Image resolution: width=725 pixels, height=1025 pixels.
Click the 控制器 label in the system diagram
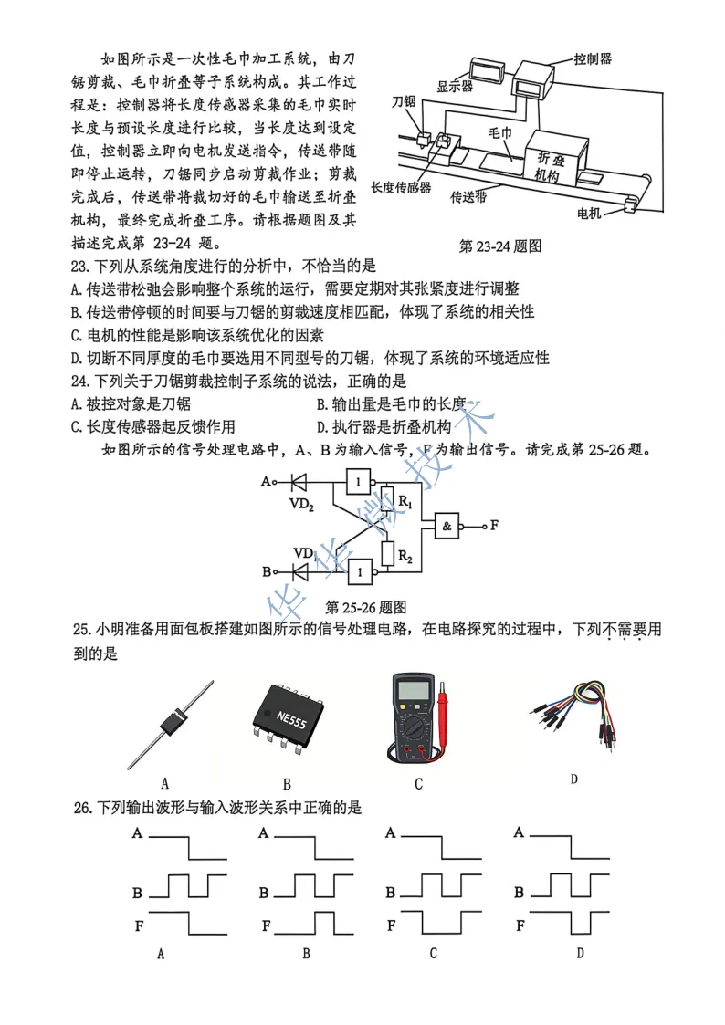593,58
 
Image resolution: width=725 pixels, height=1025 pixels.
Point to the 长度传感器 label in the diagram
401,188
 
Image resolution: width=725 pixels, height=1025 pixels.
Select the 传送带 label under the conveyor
468,196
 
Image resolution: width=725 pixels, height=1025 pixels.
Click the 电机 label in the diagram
590,214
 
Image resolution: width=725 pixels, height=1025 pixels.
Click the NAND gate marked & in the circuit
447,526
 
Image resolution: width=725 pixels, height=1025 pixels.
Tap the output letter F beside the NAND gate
494,526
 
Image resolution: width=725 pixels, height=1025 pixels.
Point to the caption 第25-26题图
365,607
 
